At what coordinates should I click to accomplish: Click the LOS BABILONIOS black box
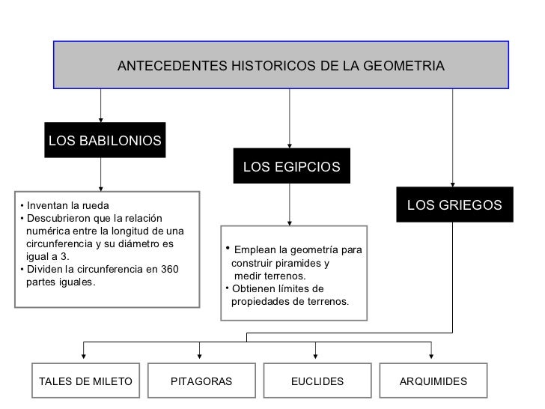coord(104,141)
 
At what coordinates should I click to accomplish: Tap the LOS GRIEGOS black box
coord(454,204)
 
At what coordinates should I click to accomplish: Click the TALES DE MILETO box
coord(85,381)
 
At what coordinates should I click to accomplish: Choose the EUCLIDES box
coord(317,381)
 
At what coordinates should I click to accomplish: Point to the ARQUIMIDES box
coord(433,381)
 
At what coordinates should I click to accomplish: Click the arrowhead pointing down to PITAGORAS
coord(201,354)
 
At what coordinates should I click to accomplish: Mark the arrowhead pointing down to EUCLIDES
coord(317,354)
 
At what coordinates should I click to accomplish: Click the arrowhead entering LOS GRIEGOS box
coord(454,182)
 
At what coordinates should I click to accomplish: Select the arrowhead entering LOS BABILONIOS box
coord(101,117)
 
